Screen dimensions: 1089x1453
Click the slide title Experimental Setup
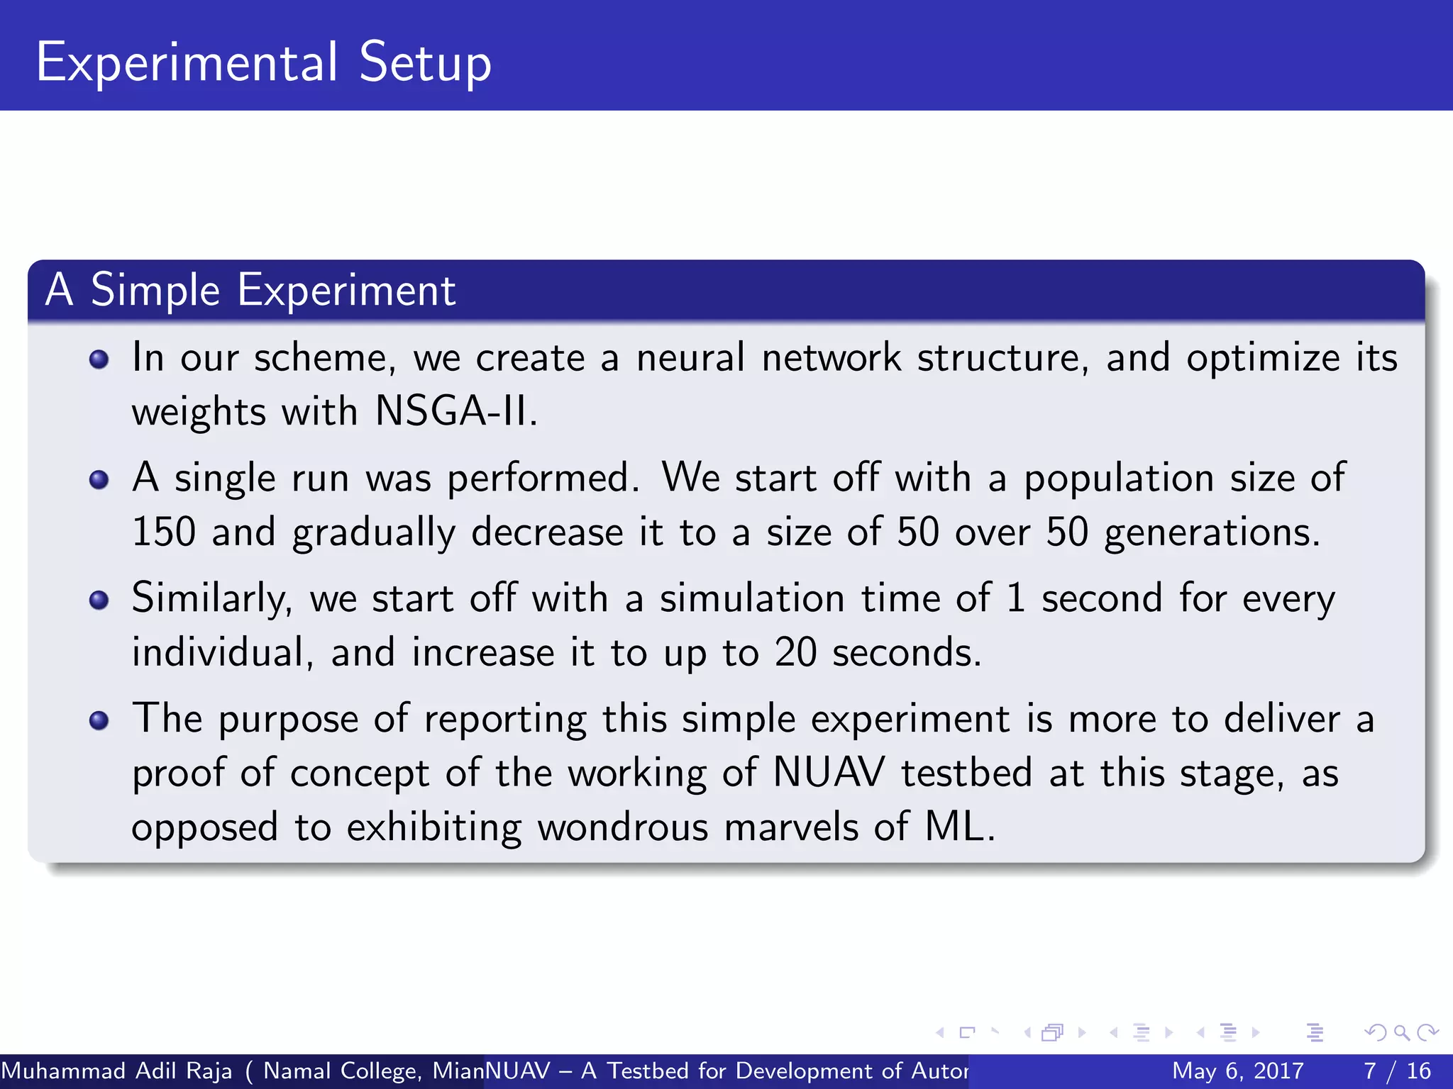coord(263,64)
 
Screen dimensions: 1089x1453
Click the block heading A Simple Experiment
coord(250,291)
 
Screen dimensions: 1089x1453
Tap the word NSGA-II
coord(452,411)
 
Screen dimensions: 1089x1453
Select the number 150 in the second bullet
coord(164,532)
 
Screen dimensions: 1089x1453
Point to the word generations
coord(1212,533)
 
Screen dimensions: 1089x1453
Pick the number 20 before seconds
coord(795,652)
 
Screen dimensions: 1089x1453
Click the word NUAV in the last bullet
coord(829,773)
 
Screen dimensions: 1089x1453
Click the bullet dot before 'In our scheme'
coord(99,359)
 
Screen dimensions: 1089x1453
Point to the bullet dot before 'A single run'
coord(99,480)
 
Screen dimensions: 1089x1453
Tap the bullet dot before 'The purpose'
coord(99,721)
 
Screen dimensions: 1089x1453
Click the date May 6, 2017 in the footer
coord(1237,1071)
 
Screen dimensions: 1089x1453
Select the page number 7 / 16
coord(1397,1071)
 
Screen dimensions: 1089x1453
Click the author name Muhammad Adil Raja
coord(116,1071)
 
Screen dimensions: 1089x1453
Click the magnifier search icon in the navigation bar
coord(1401,1032)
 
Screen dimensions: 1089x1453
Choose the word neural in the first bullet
coord(690,357)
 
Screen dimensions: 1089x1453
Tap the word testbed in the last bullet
coord(966,773)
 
